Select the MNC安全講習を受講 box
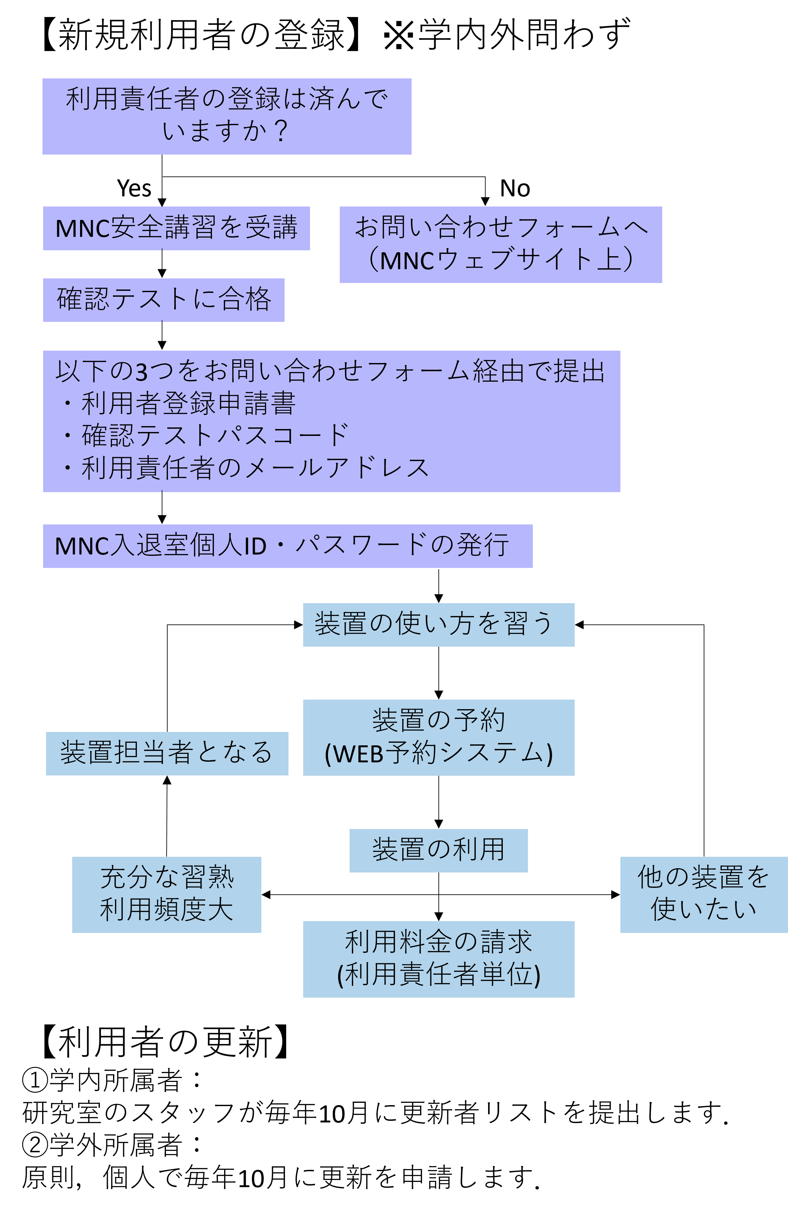(x=176, y=228)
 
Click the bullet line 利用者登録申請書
(x=188, y=404)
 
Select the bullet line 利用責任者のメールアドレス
(x=254, y=468)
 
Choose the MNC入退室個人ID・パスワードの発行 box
(x=287, y=546)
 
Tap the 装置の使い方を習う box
(x=438, y=624)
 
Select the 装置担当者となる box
(x=167, y=753)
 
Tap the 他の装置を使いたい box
(x=704, y=894)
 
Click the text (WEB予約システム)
(x=438, y=754)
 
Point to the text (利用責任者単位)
(x=438, y=975)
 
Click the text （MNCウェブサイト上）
(x=501, y=260)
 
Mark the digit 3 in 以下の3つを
(x=141, y=372)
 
